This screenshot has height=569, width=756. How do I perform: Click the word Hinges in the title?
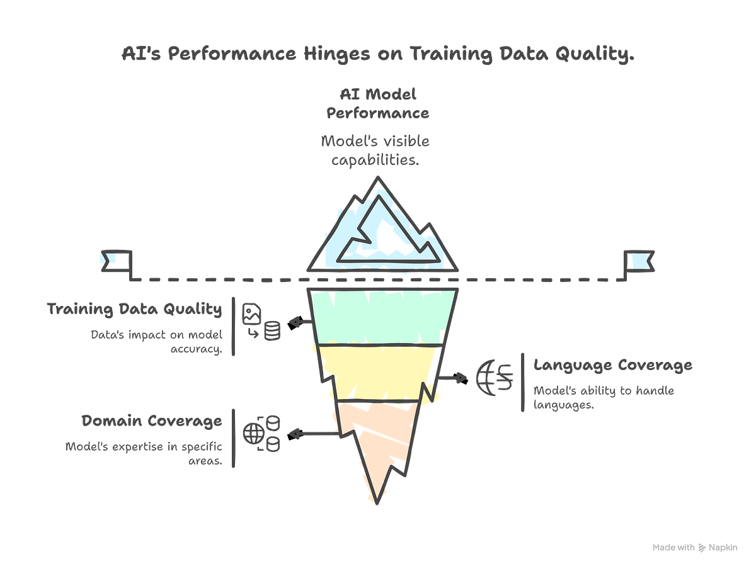click(336, 54)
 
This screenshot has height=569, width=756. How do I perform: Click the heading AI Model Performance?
click(378, 103)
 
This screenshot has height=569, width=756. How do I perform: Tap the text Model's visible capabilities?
click(375, 150)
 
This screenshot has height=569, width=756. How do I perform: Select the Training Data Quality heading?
click(134, 309)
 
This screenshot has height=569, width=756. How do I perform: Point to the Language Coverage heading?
click(613, 365)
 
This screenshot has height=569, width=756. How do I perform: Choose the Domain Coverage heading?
click(152, 420)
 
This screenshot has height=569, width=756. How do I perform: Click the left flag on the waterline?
click(117, 261)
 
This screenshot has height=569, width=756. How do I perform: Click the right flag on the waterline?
click(639, 261)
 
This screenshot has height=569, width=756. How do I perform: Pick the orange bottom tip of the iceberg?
click(377, 448)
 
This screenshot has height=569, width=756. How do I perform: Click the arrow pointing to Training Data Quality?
click(300, 323)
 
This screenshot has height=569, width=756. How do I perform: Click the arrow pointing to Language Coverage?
click(452, 378)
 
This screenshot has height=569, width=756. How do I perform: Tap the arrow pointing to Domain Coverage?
click(313, 434)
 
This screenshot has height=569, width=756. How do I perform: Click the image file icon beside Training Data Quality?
click(251, 313)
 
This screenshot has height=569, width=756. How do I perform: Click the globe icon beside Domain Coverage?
click(253, 433)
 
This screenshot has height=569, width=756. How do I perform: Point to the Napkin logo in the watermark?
click(702, 548)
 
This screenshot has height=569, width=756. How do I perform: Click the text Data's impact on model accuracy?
click(157, 341)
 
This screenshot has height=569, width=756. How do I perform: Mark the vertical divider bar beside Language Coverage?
click(522, 382)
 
